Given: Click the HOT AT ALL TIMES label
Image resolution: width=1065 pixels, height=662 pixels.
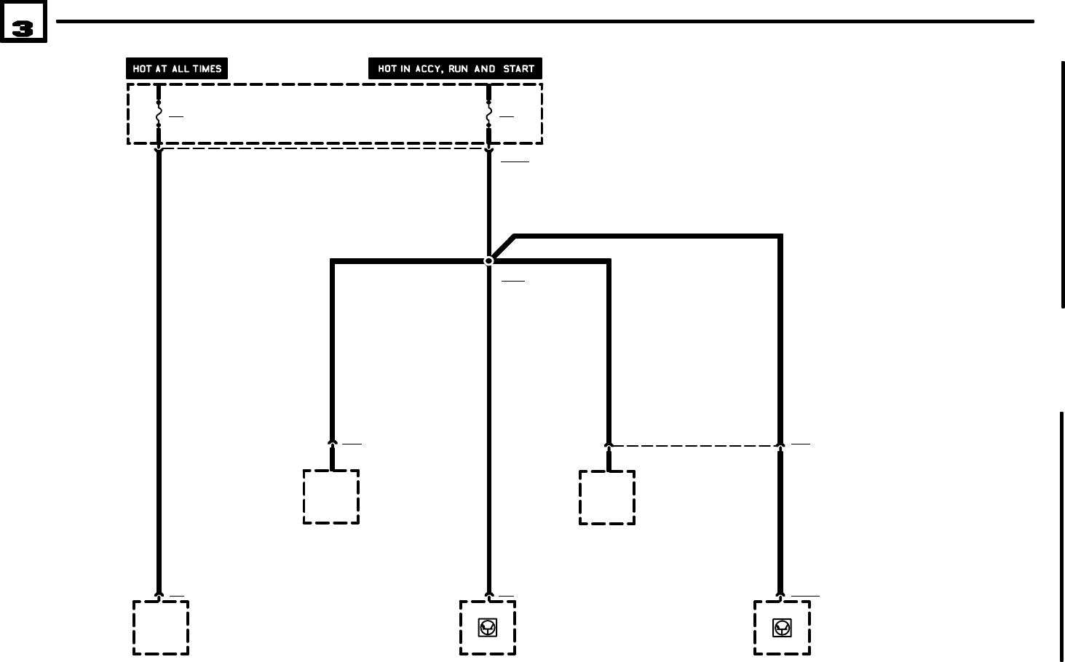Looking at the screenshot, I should [x=177, y=68].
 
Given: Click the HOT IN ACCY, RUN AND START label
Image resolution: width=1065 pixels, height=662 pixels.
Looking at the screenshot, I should [x=455, y=68].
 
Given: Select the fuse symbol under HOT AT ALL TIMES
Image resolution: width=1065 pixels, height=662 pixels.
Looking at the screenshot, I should [x=159, y=113].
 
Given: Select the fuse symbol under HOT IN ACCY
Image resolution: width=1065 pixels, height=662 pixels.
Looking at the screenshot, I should [x=488, y=113].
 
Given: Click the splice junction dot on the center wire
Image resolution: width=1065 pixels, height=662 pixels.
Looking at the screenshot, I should [x=489, y=260].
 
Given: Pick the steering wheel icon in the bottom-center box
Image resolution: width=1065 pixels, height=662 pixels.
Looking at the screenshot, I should [x=488, y=627].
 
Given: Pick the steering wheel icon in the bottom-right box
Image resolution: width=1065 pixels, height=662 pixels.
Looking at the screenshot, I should [x=782, y=627].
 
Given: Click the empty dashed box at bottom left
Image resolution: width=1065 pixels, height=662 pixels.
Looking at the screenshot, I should [x=161, y=627].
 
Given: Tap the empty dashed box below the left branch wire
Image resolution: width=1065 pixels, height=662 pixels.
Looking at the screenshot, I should [x=331, y=496].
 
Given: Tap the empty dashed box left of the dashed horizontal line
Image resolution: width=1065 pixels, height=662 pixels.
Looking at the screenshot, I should [x=607, y=497].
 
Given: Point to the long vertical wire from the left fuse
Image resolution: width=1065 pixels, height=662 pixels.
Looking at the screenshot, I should [x=159, y=364].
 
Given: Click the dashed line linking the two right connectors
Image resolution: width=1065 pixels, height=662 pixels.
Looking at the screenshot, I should [x=694, y=445].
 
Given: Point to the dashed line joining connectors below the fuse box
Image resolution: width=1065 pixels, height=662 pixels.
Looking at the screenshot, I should [x=324, y=149].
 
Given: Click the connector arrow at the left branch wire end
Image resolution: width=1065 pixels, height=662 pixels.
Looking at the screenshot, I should [x=332, y=442].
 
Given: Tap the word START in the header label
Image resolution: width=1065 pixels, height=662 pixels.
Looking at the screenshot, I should [x=518, y=68].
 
